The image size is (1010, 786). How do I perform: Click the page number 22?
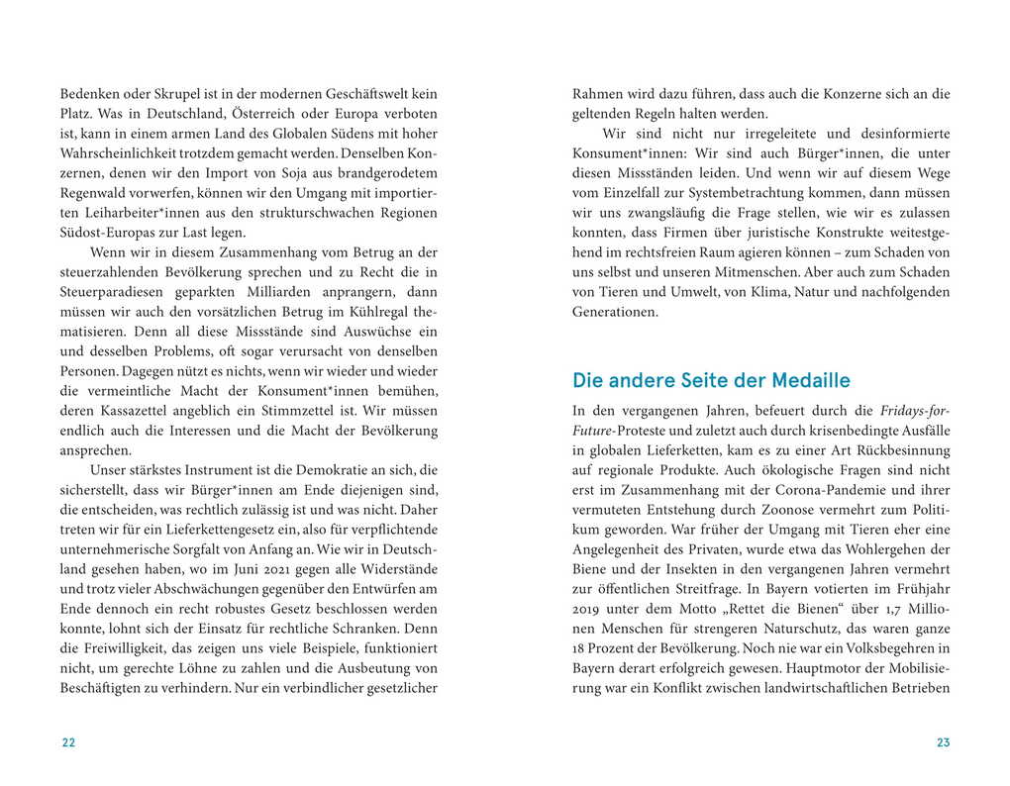[x=68, y=743]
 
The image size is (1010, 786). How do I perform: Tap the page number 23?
[x=943, y=743]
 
